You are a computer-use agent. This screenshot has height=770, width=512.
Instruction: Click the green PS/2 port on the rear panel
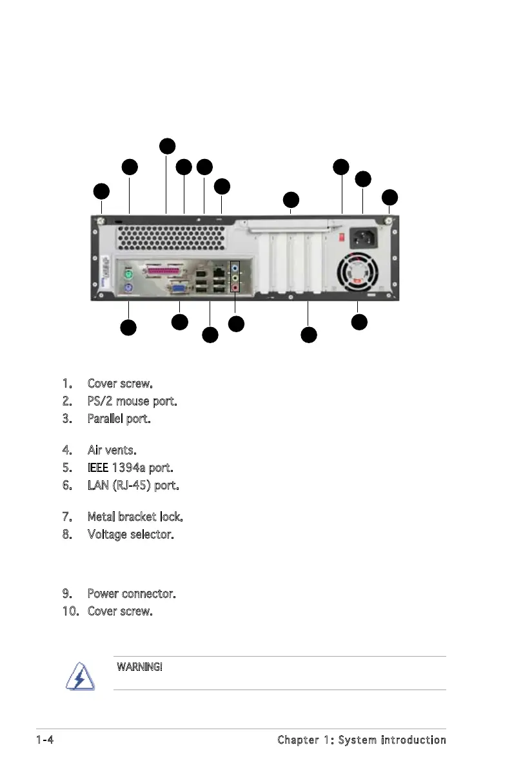pos(128,273)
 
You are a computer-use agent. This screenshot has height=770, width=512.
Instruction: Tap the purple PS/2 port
pos(128,288)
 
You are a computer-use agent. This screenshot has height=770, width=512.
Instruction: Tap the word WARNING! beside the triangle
pos(139,666)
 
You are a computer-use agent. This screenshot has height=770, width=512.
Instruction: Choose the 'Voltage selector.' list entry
pos(130,534)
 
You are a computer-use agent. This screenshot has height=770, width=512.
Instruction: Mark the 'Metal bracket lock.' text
pos(135,517)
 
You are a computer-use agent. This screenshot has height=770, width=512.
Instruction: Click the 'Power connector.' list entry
pos(132,592)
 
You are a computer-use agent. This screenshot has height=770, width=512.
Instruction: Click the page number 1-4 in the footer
pos(44,740)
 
